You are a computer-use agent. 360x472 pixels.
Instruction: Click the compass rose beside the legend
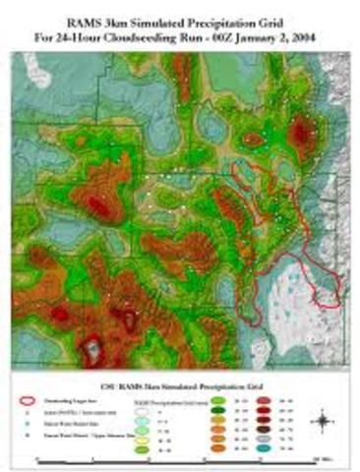322,422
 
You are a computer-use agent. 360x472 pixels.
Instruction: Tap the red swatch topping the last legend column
268,401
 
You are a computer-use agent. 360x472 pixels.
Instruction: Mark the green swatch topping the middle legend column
216,401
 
